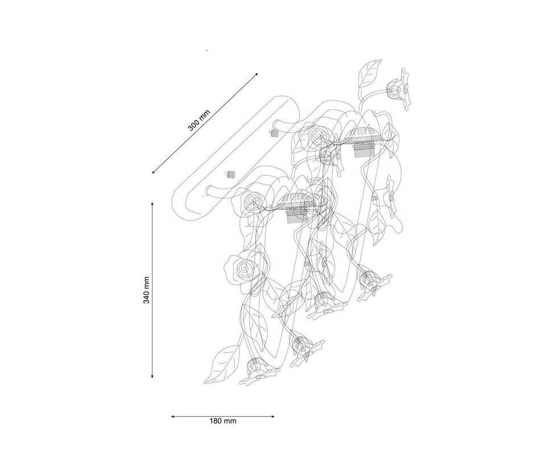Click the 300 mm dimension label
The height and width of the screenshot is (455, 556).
click(199, 121)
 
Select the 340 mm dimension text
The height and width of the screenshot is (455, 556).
click(146, 290)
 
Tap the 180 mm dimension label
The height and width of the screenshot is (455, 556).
click(223, 421)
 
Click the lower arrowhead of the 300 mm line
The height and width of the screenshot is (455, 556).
click(153, 172)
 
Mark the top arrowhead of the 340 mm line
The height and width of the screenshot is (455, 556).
click(152, 205)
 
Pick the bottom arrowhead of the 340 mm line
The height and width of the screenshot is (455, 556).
click(152, 375)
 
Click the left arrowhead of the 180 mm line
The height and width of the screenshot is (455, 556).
click(173, 417)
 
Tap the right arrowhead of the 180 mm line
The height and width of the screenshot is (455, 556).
click(272, 417)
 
